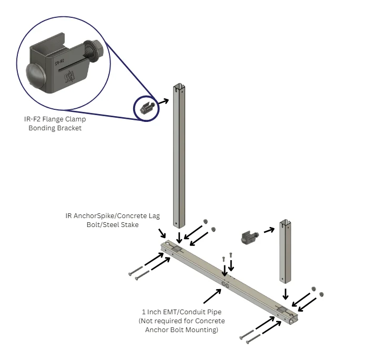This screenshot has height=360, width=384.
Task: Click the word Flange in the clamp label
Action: (53, 119)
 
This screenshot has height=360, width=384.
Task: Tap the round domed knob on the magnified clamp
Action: (36, 75)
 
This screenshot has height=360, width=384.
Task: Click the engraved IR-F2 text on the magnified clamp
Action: (59, 62)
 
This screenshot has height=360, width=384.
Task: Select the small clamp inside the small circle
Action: (147, 108)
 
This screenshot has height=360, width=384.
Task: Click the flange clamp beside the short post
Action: (249, 237)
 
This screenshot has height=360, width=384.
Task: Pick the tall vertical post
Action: (179, 156)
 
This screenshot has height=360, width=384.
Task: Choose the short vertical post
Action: (285, 251)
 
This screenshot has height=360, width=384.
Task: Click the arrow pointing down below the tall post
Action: (179, 238)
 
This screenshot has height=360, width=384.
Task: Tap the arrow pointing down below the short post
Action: (285, 294)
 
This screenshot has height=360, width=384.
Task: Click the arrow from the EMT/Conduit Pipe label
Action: (213, 296)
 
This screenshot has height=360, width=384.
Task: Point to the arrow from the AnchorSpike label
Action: (162, 233)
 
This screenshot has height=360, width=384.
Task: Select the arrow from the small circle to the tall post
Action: (164, 101)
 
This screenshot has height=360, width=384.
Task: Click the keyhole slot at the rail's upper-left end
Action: (169, 243)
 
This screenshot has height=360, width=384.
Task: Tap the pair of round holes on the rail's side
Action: (225, 285)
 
